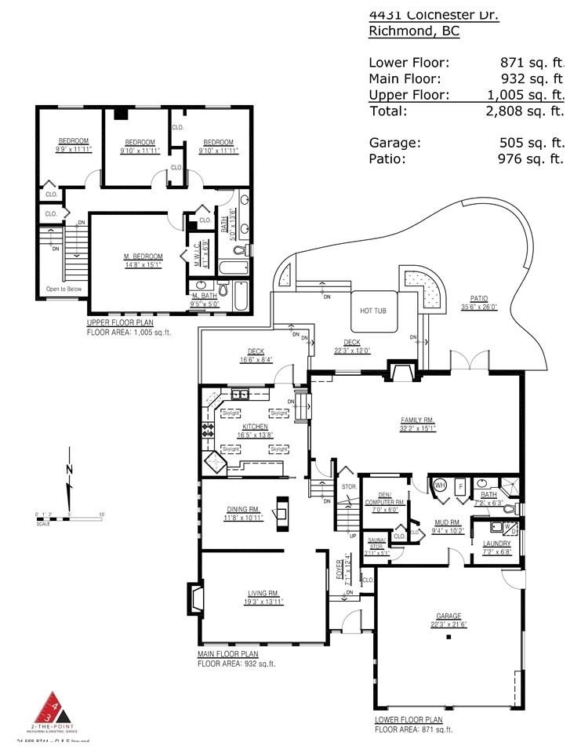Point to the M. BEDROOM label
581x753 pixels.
pyautogui.click(x=143, y=256)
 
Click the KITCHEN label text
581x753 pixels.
pyautogui.click(x=255, y=426)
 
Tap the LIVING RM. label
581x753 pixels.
pyautogui.click(x=263, y=593)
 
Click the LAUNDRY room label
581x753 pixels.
pyautogui.click(x=497, y=543)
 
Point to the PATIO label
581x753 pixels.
pyautogui.click(x=478, y=298)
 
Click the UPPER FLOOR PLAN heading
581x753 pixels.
pyautogui.click(x=120, y=322)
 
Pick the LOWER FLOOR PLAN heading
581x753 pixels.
pyautogui.click(x=409, y=719)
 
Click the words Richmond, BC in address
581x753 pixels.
pyautogui.click(x=414, y=31)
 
